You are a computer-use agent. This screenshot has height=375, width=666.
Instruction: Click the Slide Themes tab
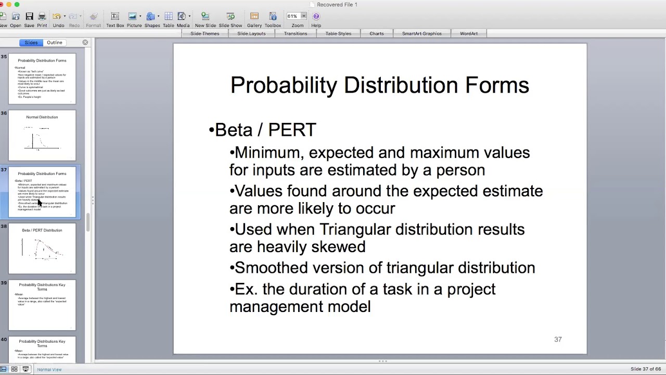click(x=204, y=33)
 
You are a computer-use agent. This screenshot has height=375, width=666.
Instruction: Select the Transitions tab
click(x=295, y=33)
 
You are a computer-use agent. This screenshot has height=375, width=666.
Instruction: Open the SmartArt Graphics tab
click(x=421, y=33)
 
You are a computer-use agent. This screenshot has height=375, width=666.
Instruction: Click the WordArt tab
click(x=468, y=33)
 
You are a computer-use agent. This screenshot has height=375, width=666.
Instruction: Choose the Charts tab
click(x=376, y=33)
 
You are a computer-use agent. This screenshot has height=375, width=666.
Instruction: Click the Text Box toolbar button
click(x=115, y=19)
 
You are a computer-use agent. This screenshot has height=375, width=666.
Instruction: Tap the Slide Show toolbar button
click(x=230, y=19)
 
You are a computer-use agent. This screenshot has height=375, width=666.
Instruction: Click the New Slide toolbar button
click(x=205, y=19)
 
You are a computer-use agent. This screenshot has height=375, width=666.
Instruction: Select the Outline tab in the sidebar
click(x=54, y=43)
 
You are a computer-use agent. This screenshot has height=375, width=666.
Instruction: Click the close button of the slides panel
click(x=85, y=43)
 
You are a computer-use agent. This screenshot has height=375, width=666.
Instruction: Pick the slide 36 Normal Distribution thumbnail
click(x=42, y=135)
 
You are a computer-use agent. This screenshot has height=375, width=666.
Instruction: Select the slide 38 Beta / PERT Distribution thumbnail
click(x=42, y=248)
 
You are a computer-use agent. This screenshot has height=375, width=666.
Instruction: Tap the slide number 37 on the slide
click(x=558, y=340)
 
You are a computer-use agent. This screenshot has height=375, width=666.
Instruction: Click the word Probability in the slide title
click(x=284, y=85)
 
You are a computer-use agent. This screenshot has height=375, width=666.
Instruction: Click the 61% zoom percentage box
click(x=292, y=16)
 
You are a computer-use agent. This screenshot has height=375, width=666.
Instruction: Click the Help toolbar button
click(x=316, y=19)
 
